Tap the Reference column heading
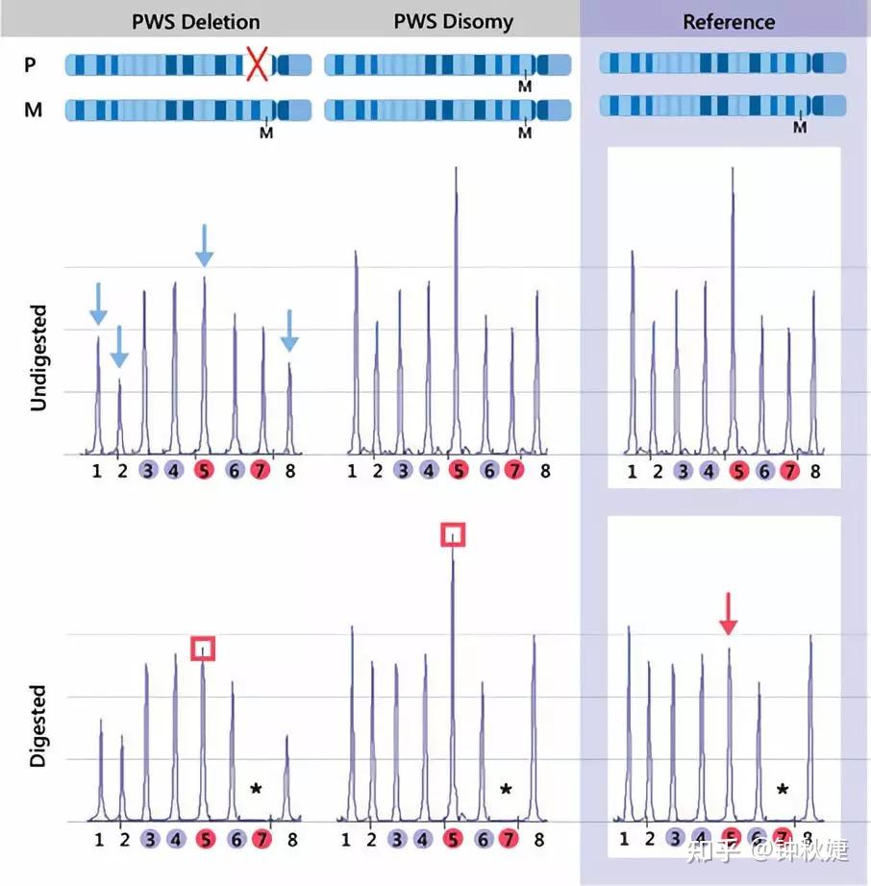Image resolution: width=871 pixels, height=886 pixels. [x=728, y=21]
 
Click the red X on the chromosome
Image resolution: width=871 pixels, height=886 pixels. [x=257, y=64]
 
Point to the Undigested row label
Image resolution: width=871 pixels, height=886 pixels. [x=38, y=358]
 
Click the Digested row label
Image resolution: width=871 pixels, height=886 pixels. [x=38, y=726]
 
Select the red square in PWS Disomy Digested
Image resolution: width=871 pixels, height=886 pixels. [x=452, y=534]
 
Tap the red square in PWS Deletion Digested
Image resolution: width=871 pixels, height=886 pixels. [x=203, y=649]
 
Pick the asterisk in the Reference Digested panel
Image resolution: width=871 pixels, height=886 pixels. [x=783, y=790]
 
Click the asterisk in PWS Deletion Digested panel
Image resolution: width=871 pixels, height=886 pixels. [x=256, y=790]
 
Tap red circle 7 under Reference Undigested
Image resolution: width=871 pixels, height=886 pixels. [x=789, y=471]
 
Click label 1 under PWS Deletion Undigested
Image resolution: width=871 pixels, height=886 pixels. [x=97, y=471]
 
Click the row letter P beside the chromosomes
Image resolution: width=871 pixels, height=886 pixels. [x=33, y=64]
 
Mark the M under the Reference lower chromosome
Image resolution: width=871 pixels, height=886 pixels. [x=800, y=126]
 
